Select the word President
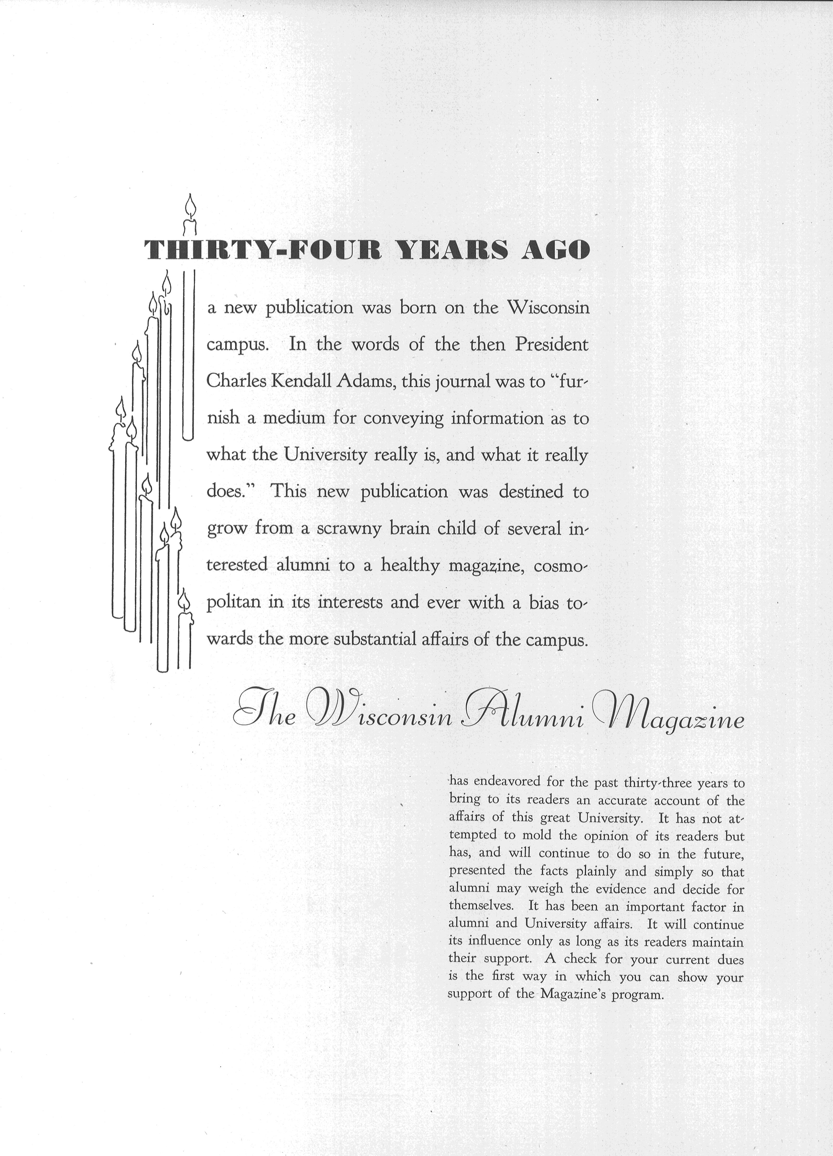click(x=552, y=344)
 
